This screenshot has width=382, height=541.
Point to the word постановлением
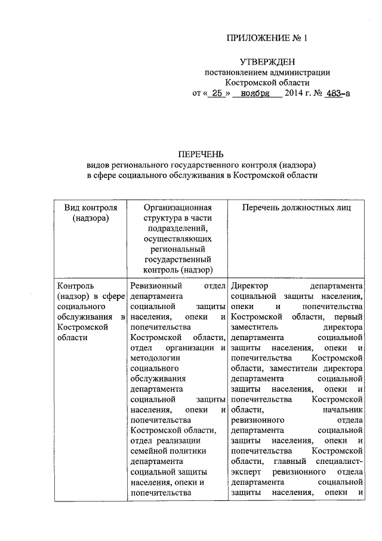[x=235, y=72]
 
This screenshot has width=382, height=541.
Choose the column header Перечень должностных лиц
[x=295, y=207]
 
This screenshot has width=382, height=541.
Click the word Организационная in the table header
[x=178, y=207]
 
